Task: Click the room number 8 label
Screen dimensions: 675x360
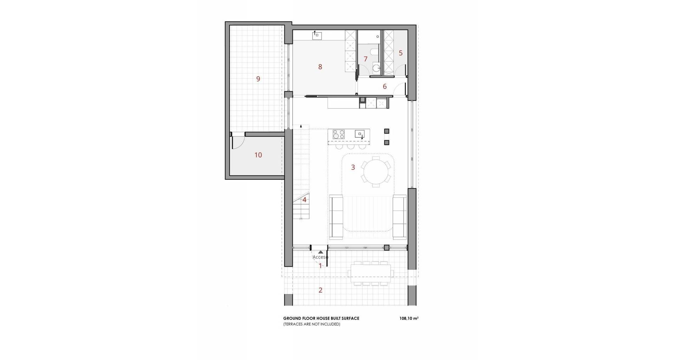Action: (x=320, y=67)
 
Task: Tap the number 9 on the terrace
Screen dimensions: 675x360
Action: (x=258, y=79)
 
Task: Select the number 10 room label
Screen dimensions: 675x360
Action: (x=258, y=155)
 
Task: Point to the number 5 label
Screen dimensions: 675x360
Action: (x=400, y=53)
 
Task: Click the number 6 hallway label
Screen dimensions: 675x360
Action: (x=385, y=86)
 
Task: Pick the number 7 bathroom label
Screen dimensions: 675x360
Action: (x=366, y=59)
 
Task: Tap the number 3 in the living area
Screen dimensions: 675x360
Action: (x=353, y=167)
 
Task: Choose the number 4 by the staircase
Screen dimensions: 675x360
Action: (x=304, y=200)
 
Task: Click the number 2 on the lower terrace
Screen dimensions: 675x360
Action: (x=320, y=290)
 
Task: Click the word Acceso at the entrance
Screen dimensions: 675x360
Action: (x=320, y=257)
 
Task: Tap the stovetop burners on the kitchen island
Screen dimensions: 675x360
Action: (x=339, y=134)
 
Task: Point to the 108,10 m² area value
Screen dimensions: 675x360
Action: (x=409, y=319)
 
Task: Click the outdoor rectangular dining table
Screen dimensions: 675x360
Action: (x=370, y=273)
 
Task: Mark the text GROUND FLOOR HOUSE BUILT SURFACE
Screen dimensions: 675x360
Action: (x=321, y=319)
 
